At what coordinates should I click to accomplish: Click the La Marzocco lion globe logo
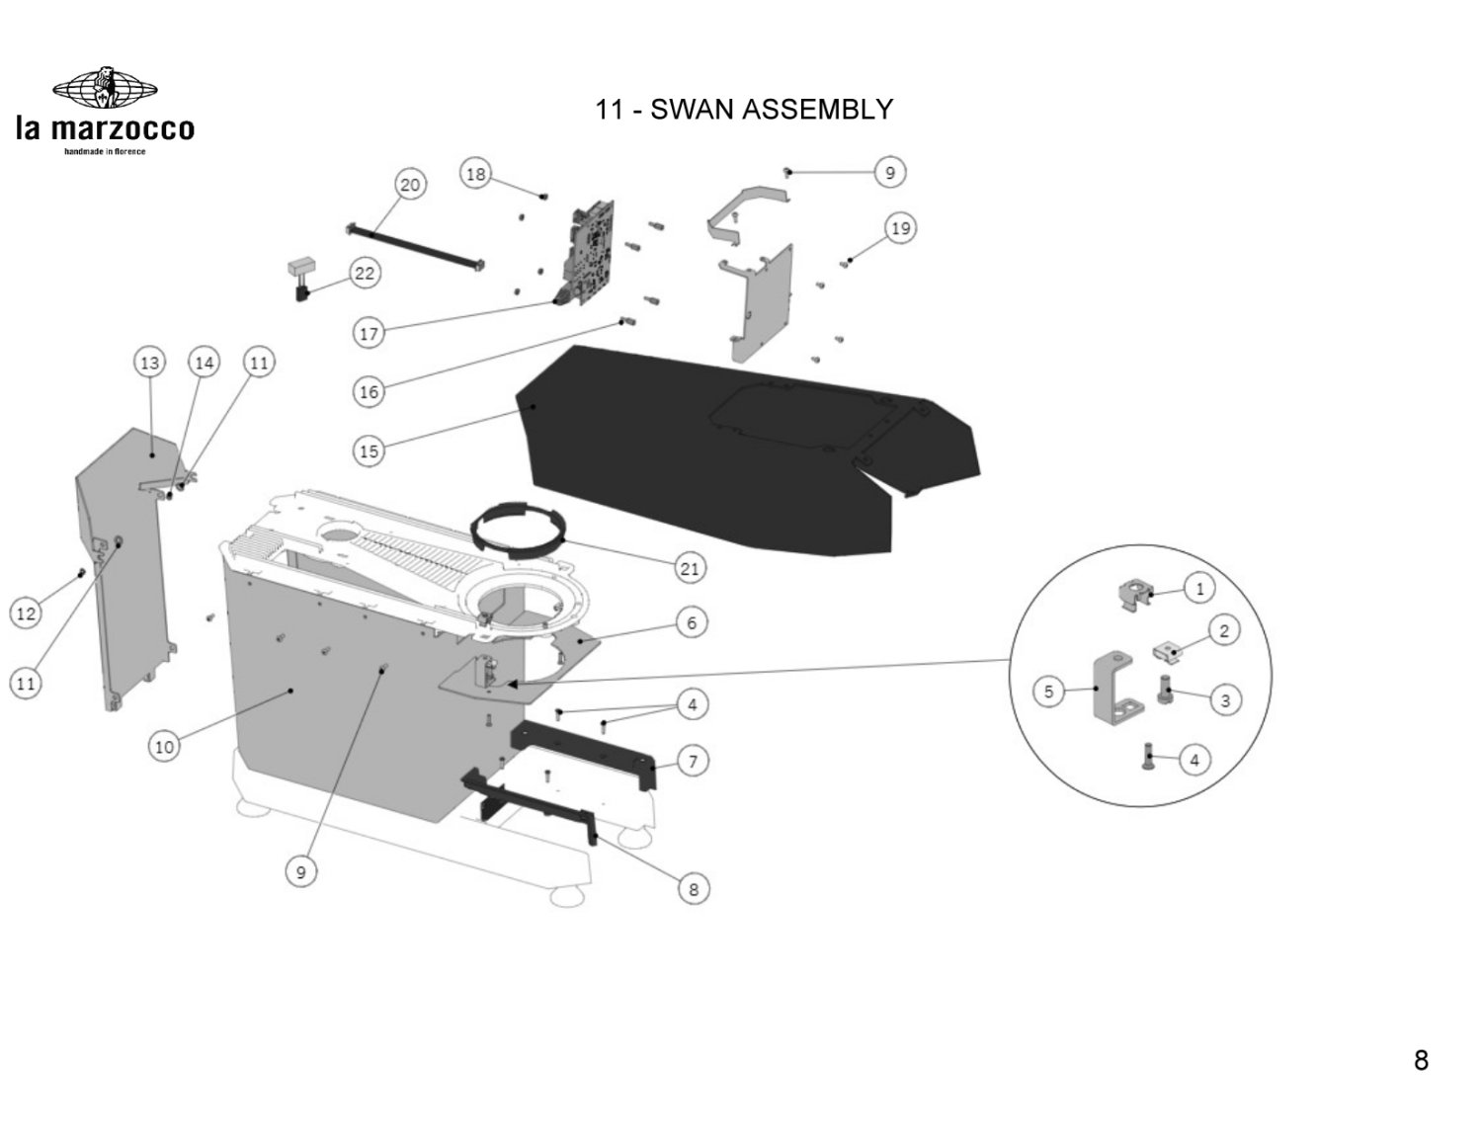tap(104, 90)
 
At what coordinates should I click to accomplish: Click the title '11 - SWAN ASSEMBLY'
tap(743, 109)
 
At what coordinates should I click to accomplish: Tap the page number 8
tap(1421, 1061)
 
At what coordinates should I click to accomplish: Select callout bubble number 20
tap(410, 185)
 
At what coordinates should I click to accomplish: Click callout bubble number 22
tap(365, 273)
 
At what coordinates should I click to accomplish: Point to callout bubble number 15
tap(369, 451)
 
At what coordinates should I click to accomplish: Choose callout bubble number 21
tap(690, 568)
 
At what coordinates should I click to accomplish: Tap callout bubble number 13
tap(149, 364)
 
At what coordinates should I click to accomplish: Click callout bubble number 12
tap(26, 613)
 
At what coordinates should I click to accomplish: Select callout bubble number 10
tap(164, 746)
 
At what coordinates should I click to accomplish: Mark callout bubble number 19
tap(900, 229)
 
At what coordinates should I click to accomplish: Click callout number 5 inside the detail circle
tap(1049, 692)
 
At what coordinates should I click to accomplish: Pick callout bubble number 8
tap(694, 889)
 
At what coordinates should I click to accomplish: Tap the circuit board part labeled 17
tap(591, 252)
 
